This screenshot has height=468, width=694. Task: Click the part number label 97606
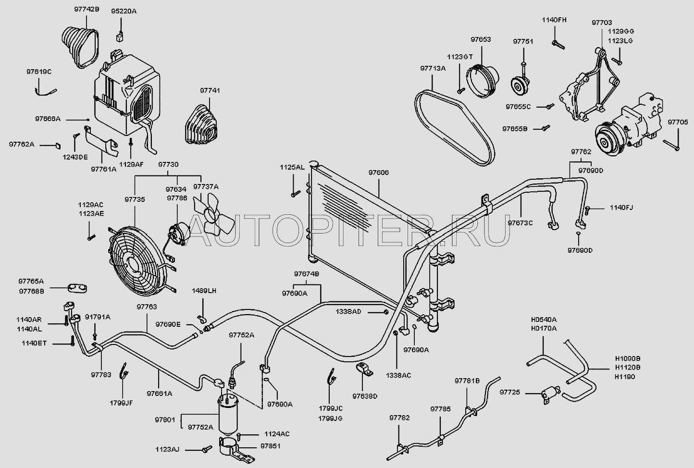379,172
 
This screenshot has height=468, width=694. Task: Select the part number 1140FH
554,20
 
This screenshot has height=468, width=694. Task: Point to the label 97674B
307,274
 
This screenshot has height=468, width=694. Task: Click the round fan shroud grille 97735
137,259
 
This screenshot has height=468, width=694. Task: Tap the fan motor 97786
177,234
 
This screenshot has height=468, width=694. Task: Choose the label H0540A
544,320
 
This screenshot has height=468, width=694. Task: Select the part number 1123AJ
167,449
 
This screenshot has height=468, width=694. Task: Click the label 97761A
104,169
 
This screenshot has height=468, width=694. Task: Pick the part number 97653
481,39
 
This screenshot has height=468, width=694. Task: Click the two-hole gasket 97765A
77,288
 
